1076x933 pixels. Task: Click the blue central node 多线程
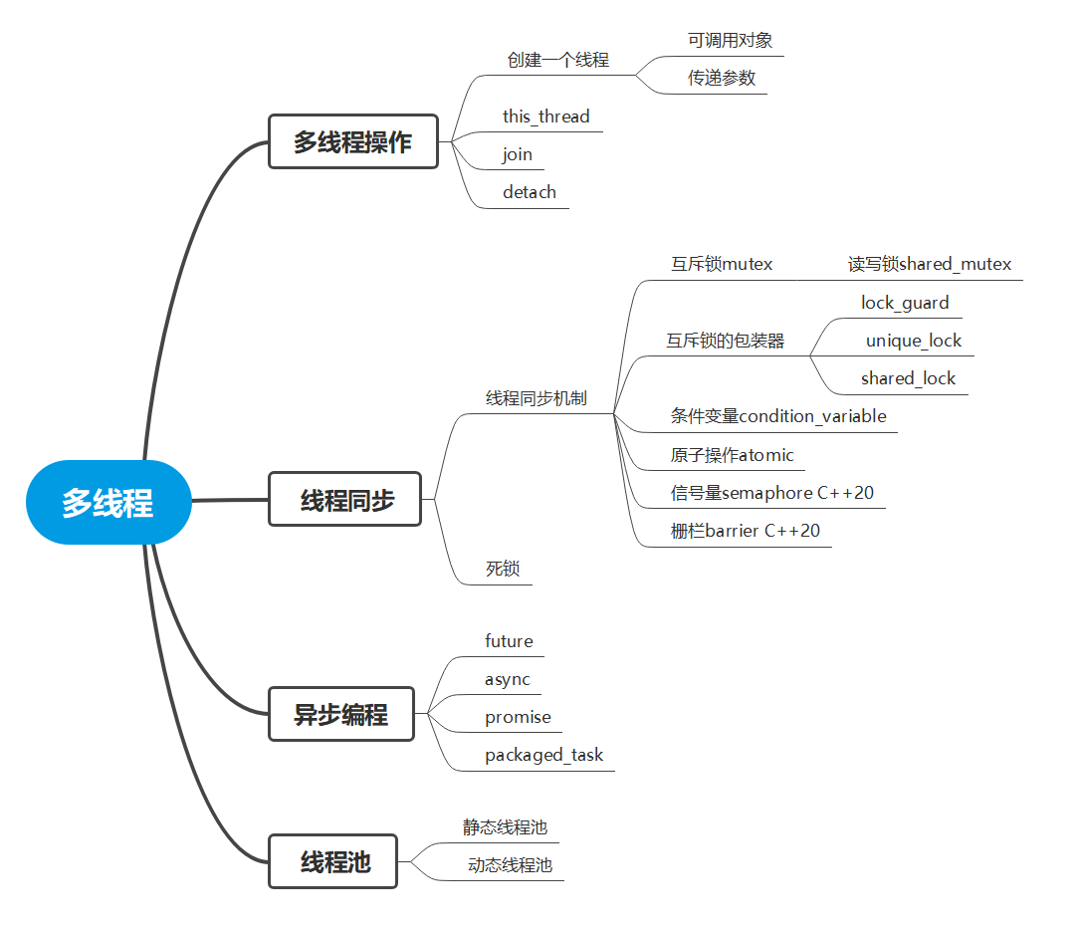(108, 502)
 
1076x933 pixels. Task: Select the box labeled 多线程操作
(352, 141)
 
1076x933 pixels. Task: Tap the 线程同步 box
(345, 500)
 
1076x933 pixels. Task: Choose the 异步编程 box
(340, 714)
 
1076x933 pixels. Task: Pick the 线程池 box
(332, 861)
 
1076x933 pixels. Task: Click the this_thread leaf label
(545, 117)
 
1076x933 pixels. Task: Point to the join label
(518, 154)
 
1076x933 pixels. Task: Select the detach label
(530, 192)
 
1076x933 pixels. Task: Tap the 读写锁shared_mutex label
(929, 264)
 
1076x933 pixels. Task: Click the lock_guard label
(905, 302)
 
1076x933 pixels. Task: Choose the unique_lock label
(913, 341)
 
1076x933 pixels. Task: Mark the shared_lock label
(908, 378)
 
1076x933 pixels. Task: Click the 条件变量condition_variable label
(778, 416)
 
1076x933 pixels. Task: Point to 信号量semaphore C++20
(772, 493)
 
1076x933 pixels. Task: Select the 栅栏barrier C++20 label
(746, 531)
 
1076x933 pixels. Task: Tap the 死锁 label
(503, 570)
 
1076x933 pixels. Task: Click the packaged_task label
(543, 755)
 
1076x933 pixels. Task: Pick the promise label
(518, 717)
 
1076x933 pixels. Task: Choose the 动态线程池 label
(510, 865)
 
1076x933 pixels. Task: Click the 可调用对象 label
(730, 41)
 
